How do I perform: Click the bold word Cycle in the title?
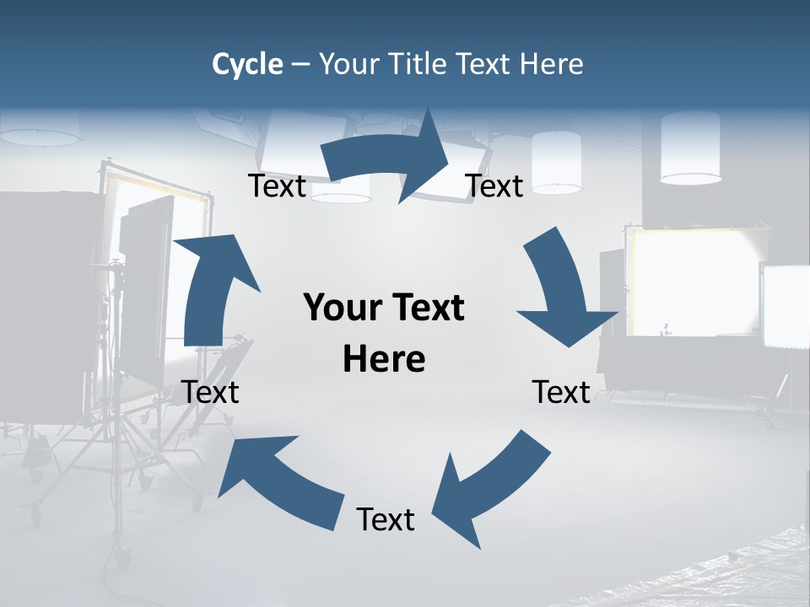(247, 64)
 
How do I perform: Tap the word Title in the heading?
(418, 64)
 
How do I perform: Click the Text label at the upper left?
(277, 186)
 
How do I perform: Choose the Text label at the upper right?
(494, 186)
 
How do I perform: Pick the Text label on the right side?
(561, 392)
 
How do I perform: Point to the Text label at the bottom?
(386, 519)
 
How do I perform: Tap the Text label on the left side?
(211, 392)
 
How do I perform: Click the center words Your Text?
(384, 308)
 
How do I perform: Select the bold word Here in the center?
(384, 359)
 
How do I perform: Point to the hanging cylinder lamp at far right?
(690, 148)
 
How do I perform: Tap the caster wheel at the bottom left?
(123, 556)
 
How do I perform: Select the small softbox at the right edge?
(786, 305)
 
